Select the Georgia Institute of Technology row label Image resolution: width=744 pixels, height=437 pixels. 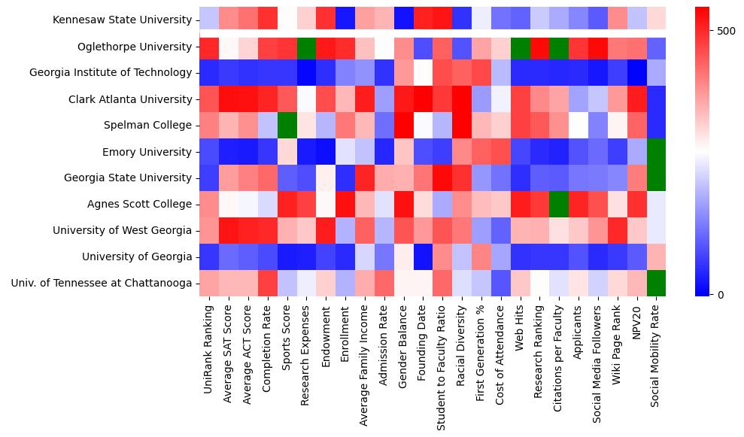click(x=111, y=73)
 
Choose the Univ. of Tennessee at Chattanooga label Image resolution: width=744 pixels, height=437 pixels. click(x=102, y=284)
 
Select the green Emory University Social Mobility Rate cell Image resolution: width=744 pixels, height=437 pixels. click(x=656, y=152)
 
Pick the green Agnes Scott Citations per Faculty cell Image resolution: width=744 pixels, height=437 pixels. click(x=559, y=205)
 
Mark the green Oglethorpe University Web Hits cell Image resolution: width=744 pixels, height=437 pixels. click(x=520, y=47)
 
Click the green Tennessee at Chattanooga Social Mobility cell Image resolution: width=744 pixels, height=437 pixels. click(x=656, y=284)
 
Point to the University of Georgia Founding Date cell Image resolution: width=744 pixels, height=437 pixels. click(x=423, y=257)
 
